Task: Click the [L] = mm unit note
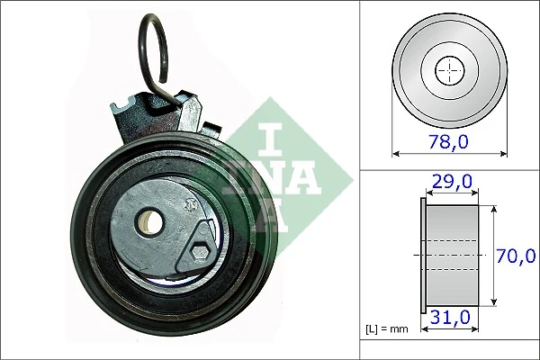386,329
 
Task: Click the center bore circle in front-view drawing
447,70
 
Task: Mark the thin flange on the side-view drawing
422,256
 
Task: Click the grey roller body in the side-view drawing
453,256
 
